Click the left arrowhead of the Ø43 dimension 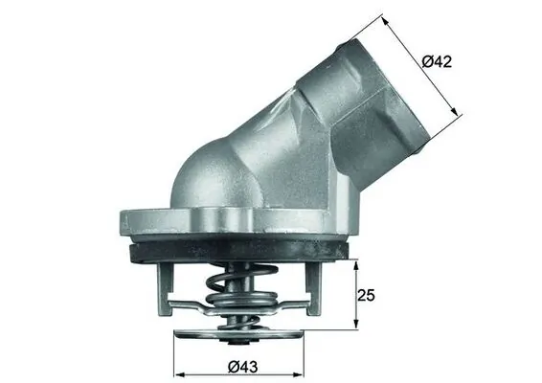coord(177,372)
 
